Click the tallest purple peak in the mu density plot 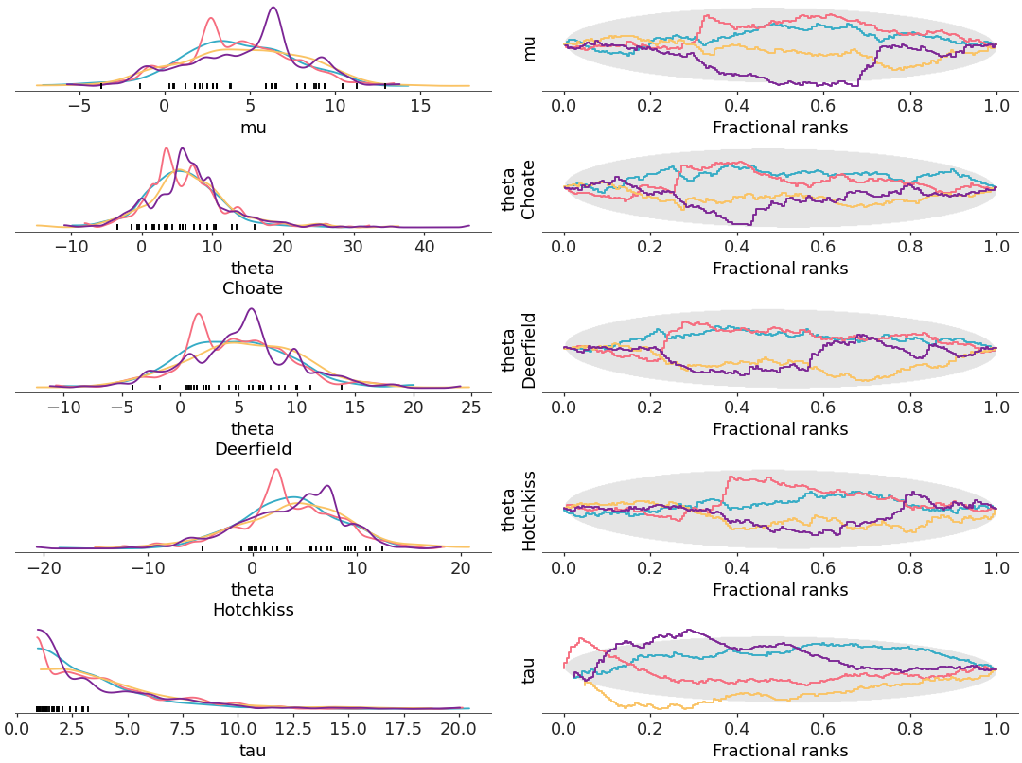click(x=273, y=9)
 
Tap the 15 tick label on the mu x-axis click(x=420, y=107)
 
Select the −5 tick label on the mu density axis click(x=79, y=107)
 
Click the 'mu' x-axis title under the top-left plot click(x=253, y=128)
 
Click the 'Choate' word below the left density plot click(x=253, y=288)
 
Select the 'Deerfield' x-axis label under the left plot click(x=253, y=449)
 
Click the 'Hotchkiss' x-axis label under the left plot click(x=253, y=610)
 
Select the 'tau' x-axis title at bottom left click(x=253, y=752)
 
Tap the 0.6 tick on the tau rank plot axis click(x=823, y=730)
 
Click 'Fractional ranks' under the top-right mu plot click(x=780, y=128)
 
